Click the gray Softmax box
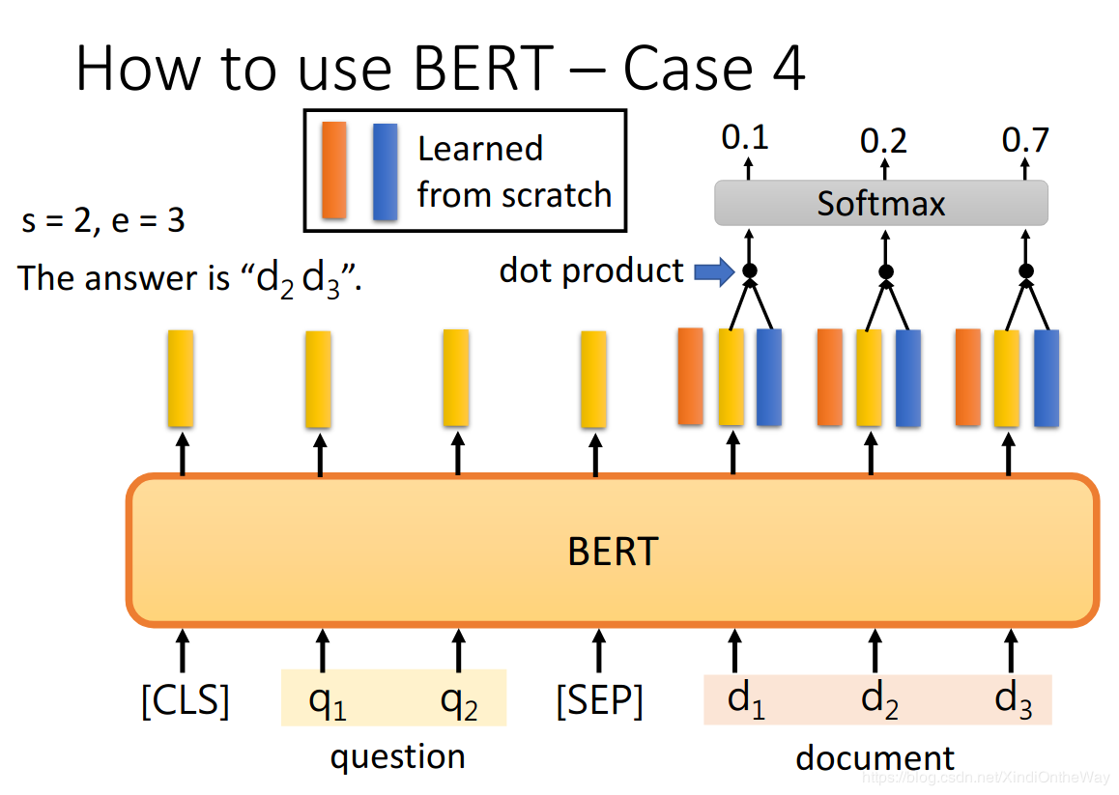(x=880, y=204)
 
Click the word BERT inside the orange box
(x=612, y=552)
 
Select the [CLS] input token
(x=186, y=700)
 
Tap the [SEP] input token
(x=599, y=700)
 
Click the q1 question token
(x=327, y=700)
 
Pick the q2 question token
(x=458, y=700)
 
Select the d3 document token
(x=1013, y=699)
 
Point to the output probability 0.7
(x=1024, y=142)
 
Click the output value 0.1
(x=745, y=139)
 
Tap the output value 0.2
(x=883, y=142)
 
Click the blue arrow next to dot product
(x=714, y=272)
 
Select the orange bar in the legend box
(x=334, y=170)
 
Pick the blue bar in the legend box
(x=385, y=171)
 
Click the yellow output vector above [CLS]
(x=181, y=378)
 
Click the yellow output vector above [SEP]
(x=593, y=379)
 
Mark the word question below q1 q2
(x=397, y=756)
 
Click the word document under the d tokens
(x=875, y=758)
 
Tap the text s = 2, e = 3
(x=103, y=221)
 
